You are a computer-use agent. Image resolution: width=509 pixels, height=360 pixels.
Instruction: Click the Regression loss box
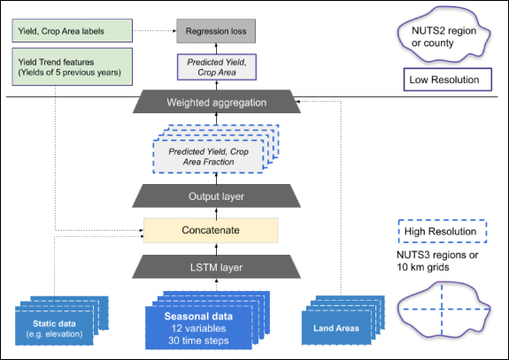[217, 31]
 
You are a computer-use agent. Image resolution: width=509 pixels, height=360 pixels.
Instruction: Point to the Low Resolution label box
[443, 80]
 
